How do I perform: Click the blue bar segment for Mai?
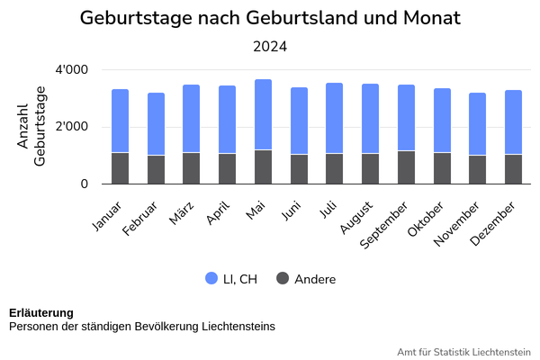tap(263, 114)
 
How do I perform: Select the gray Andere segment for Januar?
tap(121, 168)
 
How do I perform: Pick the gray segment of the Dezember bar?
tap(513, 169)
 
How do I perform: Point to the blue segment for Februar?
tap(156, 124)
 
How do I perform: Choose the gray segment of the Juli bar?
tap(335, 168)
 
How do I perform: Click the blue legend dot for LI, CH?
tap(212, 279)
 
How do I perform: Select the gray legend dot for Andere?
tap(283, 279)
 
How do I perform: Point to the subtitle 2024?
tap(270, 46)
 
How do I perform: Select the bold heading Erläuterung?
tap(41, 312)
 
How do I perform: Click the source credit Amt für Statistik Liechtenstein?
tap(463, 351)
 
